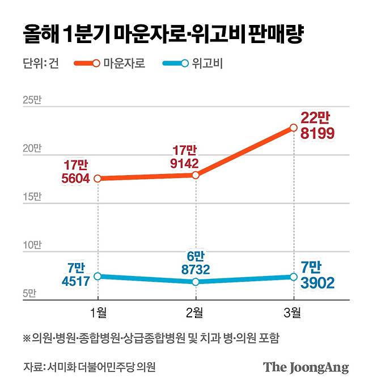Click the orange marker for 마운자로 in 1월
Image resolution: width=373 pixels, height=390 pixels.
coord(98,179)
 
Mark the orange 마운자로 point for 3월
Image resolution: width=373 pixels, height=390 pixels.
coord(293,128)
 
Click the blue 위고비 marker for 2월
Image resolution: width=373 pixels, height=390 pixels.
coord(196,282)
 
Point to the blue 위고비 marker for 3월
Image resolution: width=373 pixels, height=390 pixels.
coord(293,277)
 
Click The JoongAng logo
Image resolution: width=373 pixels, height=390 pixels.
coord(305,367)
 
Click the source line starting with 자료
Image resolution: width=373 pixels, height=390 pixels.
coord(90,367)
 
